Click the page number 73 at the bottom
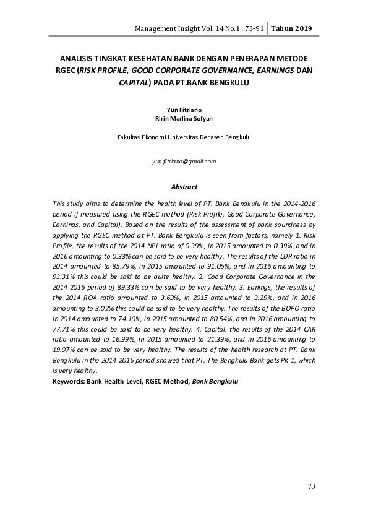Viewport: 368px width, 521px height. (312, 487)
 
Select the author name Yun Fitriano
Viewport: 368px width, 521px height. (184, 109)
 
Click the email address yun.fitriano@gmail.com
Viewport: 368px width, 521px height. (184, 161)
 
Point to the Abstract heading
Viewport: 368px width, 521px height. (184, 187)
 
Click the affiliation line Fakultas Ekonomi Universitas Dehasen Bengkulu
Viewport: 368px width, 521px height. (184, 137)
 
